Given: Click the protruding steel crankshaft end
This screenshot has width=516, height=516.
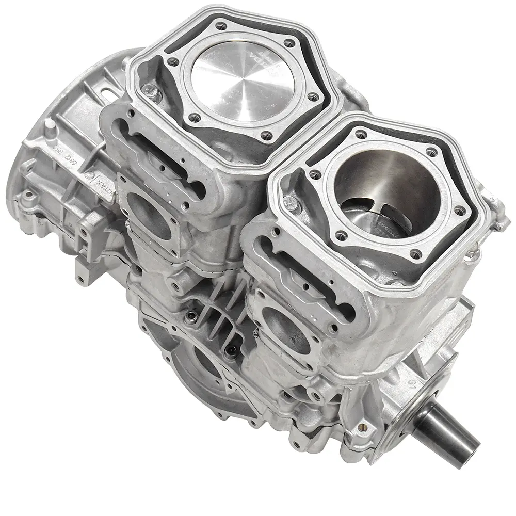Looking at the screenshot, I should [449, 433].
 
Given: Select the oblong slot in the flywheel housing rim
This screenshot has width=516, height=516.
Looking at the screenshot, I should [109, 92].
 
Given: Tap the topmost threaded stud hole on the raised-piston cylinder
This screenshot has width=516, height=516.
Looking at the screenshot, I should [222, 24].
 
